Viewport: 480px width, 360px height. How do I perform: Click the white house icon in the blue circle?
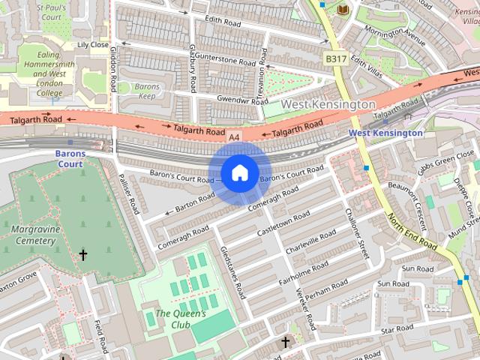tap(239, 173)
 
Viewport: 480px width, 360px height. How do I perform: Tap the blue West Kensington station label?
tap(385, 133)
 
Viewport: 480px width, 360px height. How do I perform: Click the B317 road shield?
tap(335, 58)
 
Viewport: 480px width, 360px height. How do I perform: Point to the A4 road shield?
tap(235, 137)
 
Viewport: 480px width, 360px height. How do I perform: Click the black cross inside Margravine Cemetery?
tap(83, 256)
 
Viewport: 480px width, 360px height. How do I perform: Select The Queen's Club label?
tap(180, 319)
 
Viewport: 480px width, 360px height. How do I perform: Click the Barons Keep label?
tap(148, 91)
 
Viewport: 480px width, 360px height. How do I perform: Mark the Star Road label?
tap(397, 329)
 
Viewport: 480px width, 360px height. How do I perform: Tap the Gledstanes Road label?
tap(232, 273)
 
